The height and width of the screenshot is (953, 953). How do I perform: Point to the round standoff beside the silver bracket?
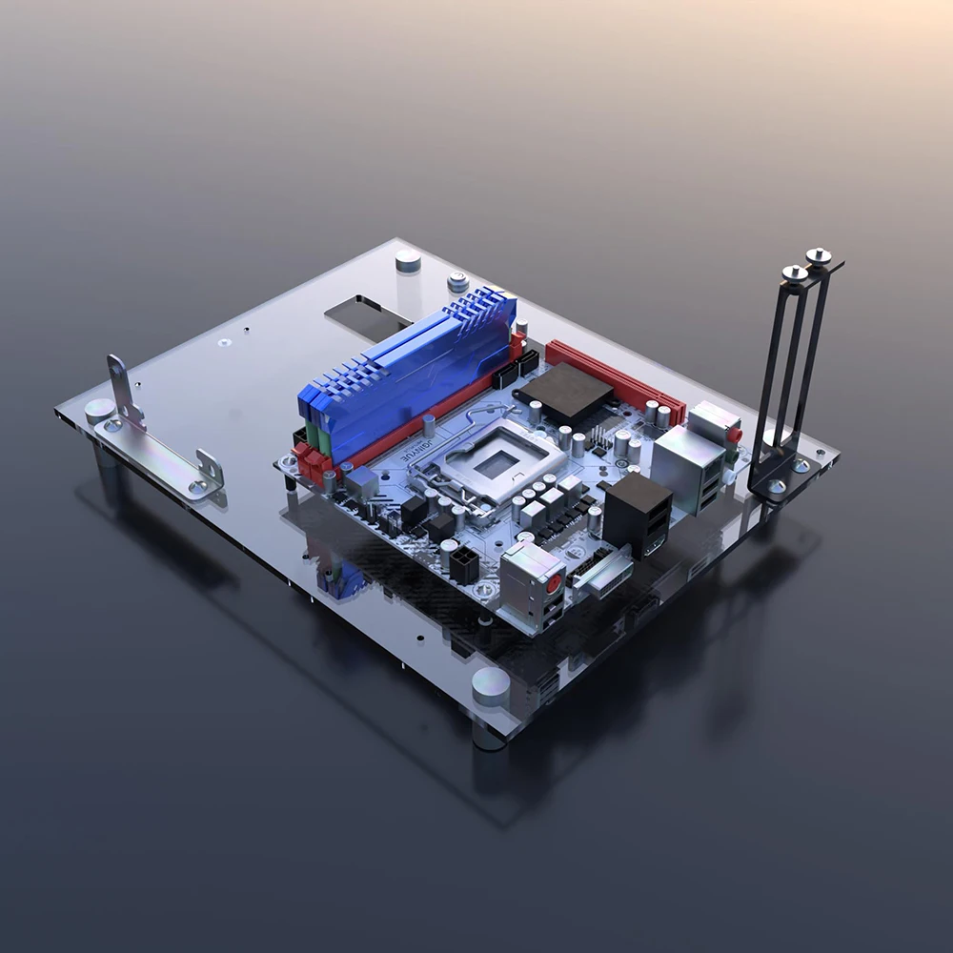pyautogui.click(x=99, y=411)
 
